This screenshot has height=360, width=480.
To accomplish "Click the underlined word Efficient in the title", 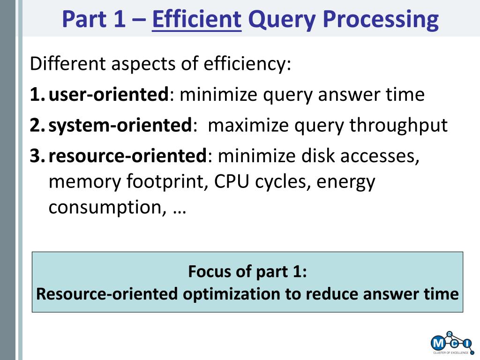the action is click(196, 19).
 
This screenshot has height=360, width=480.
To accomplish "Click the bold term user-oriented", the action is click(109, 94).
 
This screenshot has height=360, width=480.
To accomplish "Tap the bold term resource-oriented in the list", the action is click(128, 156).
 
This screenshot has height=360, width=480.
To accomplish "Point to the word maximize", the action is click(248, 125).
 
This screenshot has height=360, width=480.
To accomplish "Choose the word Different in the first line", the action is click(68, 63).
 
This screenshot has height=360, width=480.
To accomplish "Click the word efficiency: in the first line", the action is click(247, 64).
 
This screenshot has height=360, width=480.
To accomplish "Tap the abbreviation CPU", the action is click(231, 181).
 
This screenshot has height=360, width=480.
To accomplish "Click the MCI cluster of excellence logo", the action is click(452, 343).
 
